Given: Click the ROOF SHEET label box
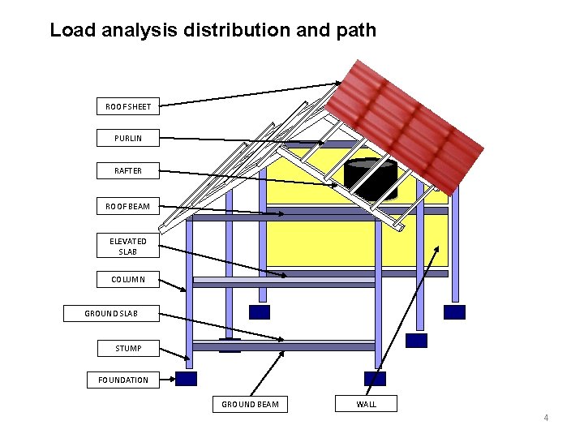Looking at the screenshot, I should click(x=128, y=106).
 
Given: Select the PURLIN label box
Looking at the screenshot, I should click(x=128, y=138).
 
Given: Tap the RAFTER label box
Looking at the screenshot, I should click(x=128, y=170).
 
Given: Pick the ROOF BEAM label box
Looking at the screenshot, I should click(x=128, y=206).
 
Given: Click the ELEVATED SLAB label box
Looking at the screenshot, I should click(x=128, y=246).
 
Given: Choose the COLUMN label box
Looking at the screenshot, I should click(x=128, y=279).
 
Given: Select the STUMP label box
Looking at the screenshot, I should click(x=128, y=348).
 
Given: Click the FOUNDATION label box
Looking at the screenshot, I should click(x=123, y=380).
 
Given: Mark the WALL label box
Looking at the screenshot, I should click(x=366, y=403).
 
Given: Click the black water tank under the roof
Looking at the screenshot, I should click(x=371, y=179).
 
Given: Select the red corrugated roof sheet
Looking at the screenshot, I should click(x=410, y=122).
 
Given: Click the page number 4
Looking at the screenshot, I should click(x=546, y=418).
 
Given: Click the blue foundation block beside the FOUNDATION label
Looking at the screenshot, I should click(x=187, y=379).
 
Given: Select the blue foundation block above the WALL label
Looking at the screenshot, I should click(x=375, y=378).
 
